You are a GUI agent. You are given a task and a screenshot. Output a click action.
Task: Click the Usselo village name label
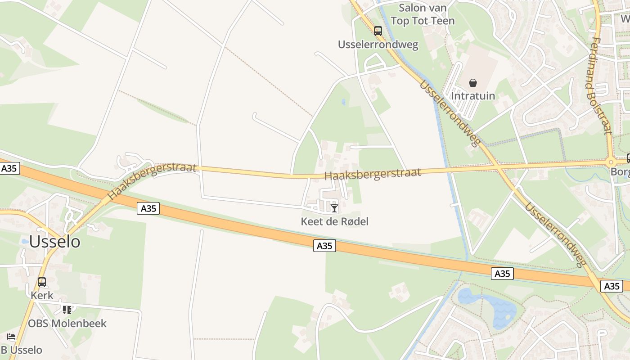tap(54, 242)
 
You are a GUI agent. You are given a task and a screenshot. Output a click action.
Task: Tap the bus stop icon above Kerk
tap(42, 282)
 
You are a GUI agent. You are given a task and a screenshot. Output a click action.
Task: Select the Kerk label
tap(42, 296)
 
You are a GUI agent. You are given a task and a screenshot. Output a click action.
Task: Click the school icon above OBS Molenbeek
tap(67, 310)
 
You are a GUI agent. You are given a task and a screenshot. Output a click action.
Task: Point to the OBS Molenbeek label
tap(67, 323)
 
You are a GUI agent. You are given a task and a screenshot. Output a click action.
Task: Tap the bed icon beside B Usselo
tap(11, 337)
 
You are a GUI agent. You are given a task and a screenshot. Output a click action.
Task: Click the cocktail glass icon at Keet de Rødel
tap(334, 208)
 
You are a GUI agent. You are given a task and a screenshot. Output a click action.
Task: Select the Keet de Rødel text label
tap(334, 221)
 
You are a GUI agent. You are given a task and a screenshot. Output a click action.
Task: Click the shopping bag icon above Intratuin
tap(472, 83)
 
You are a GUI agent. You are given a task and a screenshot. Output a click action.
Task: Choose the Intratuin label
tap(472, 96)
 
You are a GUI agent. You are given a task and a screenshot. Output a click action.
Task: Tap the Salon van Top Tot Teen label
tap(423, 14)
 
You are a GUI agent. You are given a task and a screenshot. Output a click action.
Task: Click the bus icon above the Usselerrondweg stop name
tap(378, 31)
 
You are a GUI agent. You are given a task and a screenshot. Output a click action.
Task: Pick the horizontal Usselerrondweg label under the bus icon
tap(378, 45)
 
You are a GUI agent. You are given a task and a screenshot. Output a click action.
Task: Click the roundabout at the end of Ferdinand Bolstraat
tap(611, 162)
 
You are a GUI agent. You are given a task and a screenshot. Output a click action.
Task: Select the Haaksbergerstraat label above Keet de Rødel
tap(373, 174)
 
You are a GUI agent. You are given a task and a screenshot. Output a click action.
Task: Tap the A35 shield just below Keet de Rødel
tap(324, 246)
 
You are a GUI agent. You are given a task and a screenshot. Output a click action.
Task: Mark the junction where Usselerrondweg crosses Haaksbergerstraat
tap(497, 166)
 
